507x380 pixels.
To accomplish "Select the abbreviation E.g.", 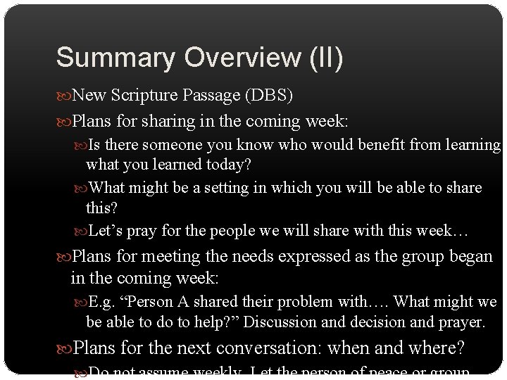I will click(x=101, y=303).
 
